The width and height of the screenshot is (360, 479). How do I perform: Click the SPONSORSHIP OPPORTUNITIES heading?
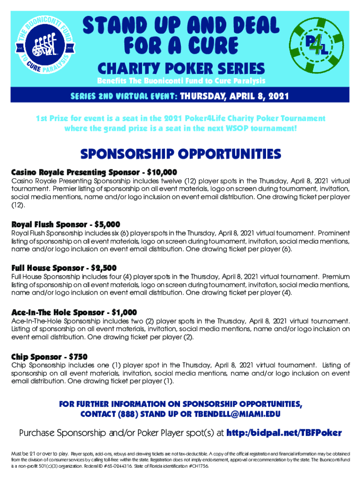(x=180, y=154)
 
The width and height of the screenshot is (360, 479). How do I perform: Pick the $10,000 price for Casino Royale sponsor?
(x=162, y=172)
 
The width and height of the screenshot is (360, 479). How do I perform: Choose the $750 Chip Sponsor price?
(x=78, y=356)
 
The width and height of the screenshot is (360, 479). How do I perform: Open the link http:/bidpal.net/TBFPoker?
(x=284, y=433)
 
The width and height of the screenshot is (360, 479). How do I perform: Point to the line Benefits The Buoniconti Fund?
(x=181, y=80)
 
